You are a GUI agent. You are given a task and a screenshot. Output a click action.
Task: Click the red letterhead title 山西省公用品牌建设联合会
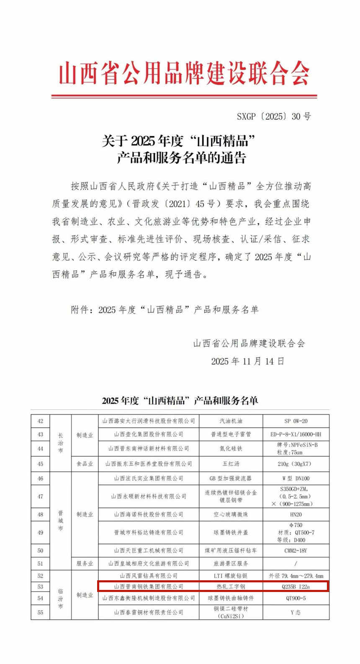[x=184, y=74]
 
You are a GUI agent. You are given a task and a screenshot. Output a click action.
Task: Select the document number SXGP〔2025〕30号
[x=274, y=116]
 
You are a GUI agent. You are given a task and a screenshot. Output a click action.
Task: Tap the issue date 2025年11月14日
[x=247, y=361]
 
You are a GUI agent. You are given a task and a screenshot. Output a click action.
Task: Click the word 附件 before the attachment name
[x=80, y=310]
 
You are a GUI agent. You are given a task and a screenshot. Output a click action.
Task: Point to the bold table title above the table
[x=180, y=400]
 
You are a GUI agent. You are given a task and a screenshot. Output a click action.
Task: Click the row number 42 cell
[x=40, y=421]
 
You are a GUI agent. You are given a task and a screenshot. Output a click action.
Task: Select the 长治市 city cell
[x=60, y=443]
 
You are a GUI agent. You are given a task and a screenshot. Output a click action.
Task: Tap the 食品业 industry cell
[x=85, y=464]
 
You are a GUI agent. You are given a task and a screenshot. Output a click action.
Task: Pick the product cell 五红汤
[x=231, y=464]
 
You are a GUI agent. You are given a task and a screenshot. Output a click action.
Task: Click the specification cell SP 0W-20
[x=296, y=421]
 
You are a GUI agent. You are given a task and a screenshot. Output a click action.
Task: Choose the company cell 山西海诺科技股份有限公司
[x=149, y=514]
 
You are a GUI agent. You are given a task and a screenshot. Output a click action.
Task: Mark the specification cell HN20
[x=296, y=514]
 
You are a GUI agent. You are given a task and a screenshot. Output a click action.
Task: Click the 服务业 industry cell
[x=85, y=564]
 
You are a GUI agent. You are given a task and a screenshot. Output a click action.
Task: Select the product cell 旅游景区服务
[x=231, y=564]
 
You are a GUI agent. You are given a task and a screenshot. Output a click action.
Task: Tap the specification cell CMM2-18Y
[x=296, y=551]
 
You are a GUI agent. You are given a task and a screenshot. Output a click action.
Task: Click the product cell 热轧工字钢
[x=231, y=587]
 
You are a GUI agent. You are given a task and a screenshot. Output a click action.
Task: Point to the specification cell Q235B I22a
[x=296, y=587]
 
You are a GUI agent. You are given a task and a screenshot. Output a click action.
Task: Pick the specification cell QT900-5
[x=296, y=598]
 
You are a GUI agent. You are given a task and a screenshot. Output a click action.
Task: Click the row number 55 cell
[x=40, y=613]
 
